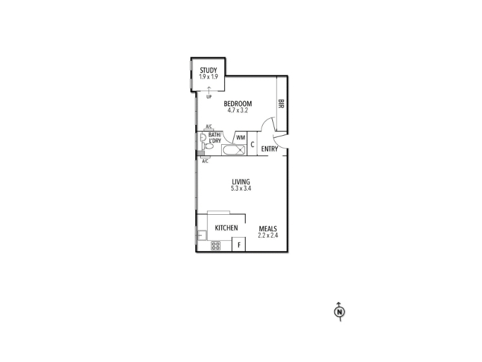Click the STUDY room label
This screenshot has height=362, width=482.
click(208, 71)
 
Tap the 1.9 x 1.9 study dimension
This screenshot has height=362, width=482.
click(208, 77)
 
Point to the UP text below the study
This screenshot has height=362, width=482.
click(209, 97)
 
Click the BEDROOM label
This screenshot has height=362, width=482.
click(237, 104)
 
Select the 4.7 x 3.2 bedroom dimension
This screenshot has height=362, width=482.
click(237, 110)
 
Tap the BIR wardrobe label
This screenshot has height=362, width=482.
click(281, 103)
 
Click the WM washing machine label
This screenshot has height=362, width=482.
click(240, 138)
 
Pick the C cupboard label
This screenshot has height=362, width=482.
click(252, 144)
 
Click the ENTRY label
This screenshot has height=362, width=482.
click(269, 149)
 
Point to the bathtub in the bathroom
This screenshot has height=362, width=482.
click(234, 150)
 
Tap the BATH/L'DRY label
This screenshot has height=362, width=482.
click(215, 138)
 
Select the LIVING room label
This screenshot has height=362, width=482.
click(241, 182)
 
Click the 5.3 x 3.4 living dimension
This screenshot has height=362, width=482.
click(241, 188)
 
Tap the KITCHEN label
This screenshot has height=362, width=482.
click(227, 228)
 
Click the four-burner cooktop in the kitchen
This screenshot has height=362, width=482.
click(216, 246)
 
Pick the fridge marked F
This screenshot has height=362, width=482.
click(239, 244)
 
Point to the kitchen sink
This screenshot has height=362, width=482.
click(202, 235)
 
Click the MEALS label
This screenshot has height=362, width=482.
click(268, 229)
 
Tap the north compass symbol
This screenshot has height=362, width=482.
click(339, 312)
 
